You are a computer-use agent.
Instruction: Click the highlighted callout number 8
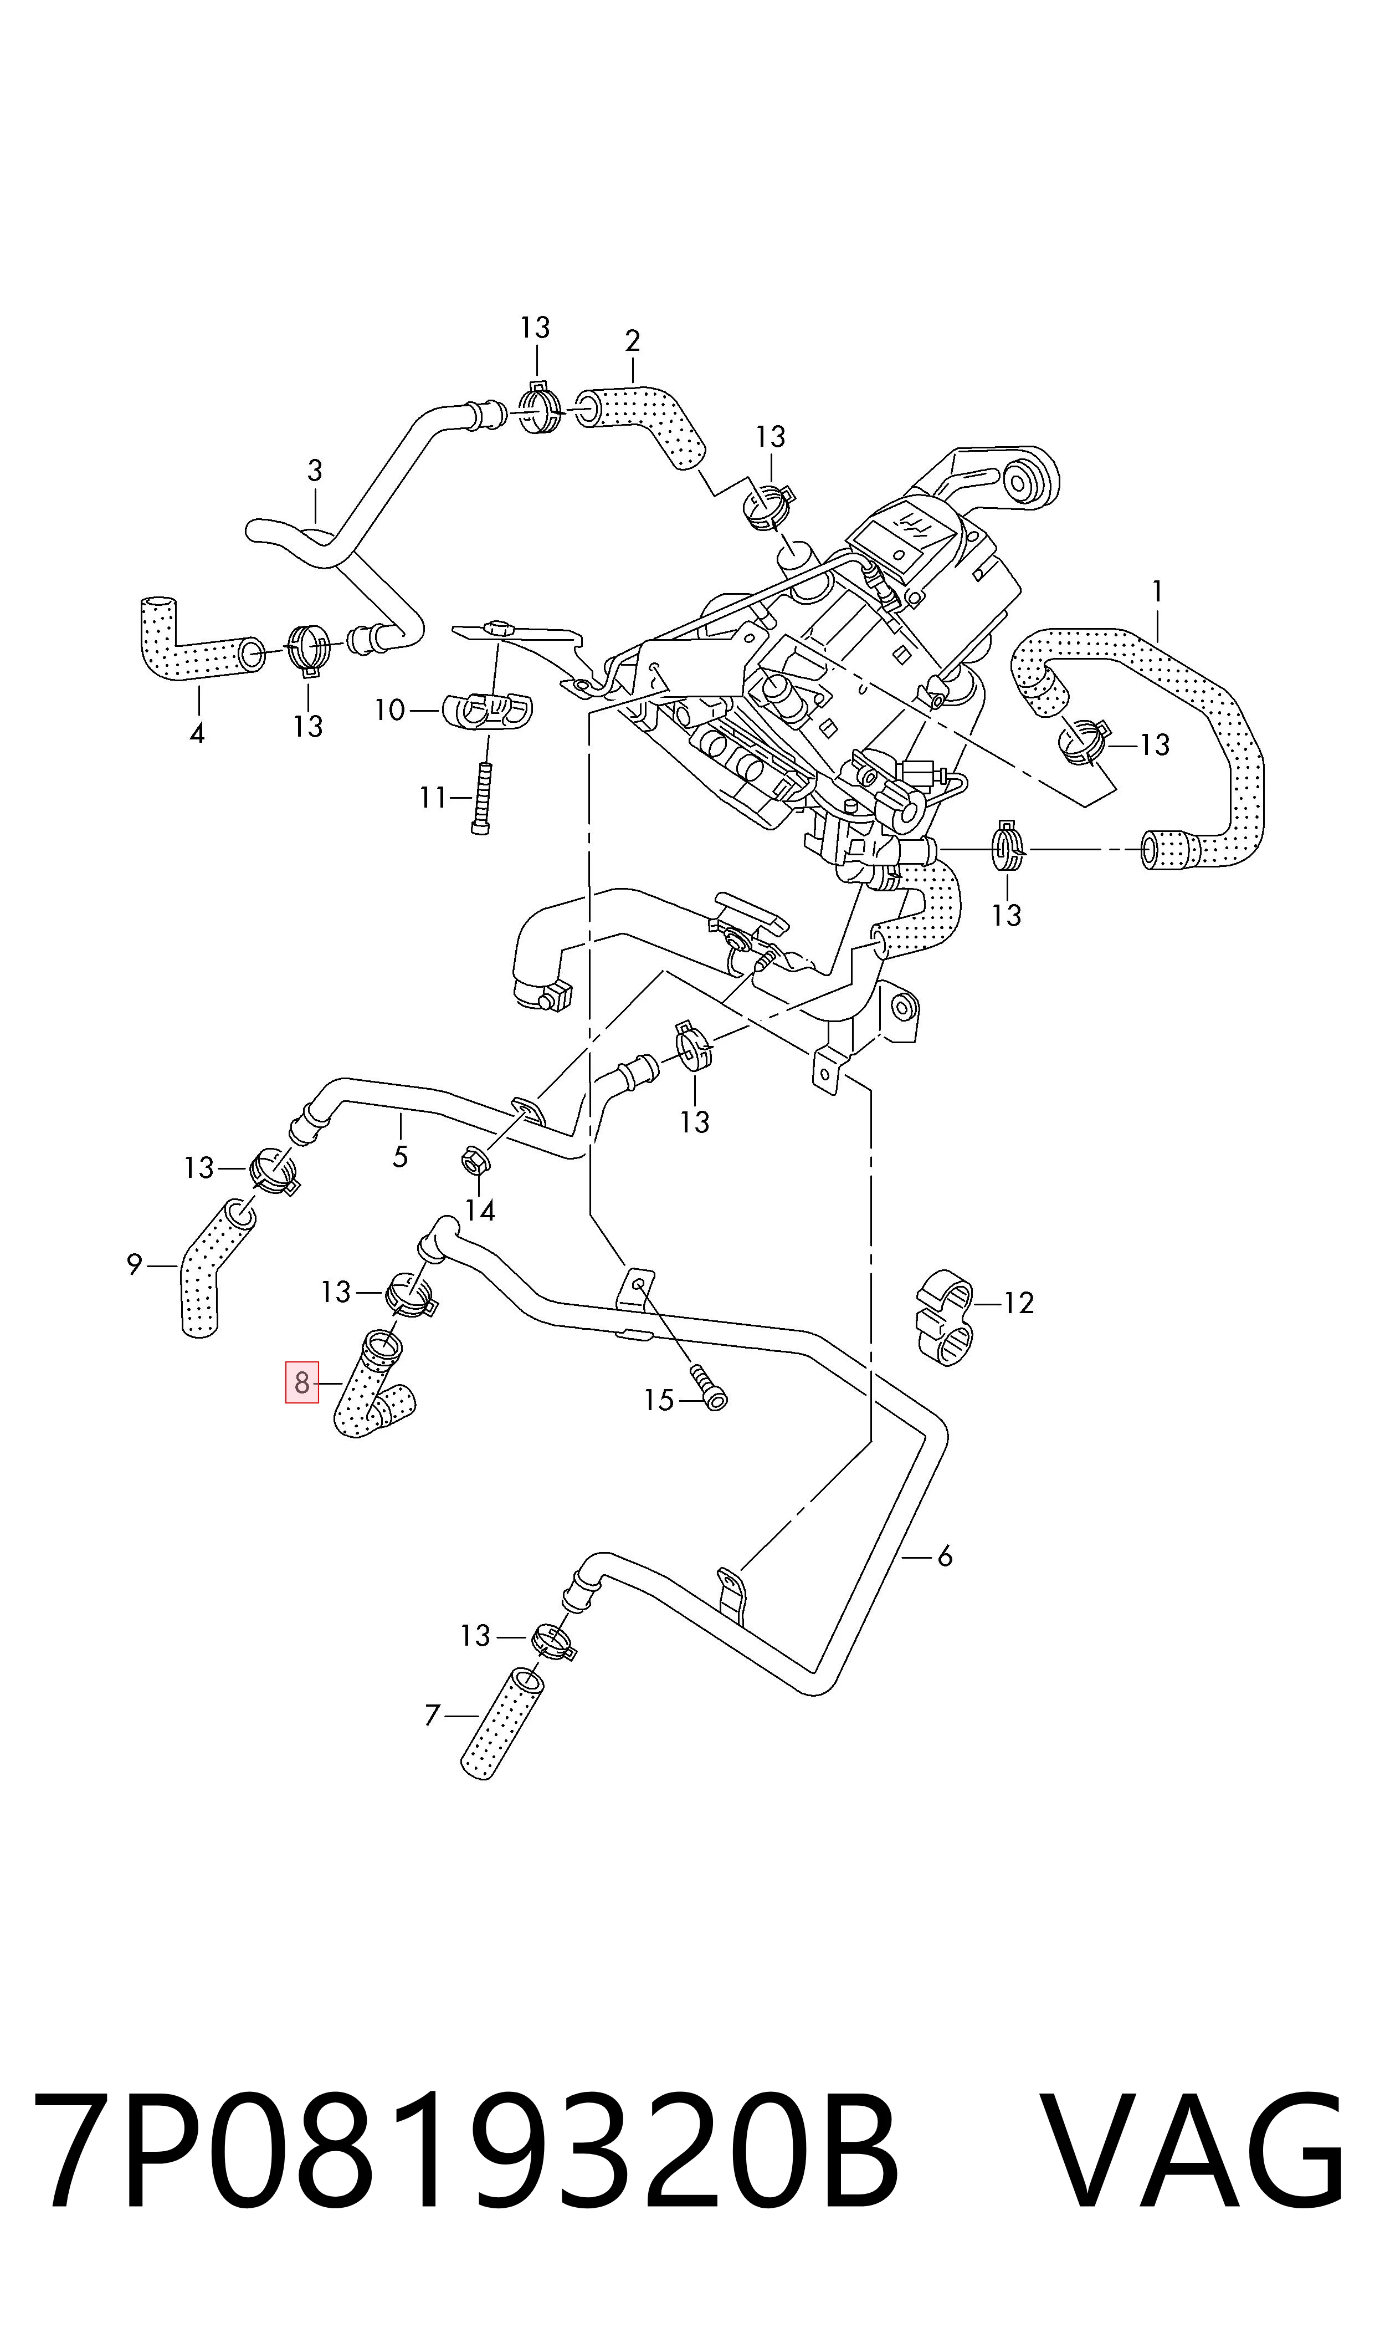(x=301, y=1383)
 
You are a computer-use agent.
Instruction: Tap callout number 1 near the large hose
(x=1157, y=591)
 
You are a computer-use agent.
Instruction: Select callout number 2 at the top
(x=632, y=341)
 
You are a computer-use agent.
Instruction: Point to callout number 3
(x=197, y=734)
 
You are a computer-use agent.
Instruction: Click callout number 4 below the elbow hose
(x=400, y=1157)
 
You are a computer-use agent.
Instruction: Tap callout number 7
(x=134, y=1265)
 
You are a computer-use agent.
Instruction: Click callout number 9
(x=389, y=711)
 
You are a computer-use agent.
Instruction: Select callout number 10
(x=433, y=798)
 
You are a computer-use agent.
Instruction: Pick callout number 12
(x=480, y=1210)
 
